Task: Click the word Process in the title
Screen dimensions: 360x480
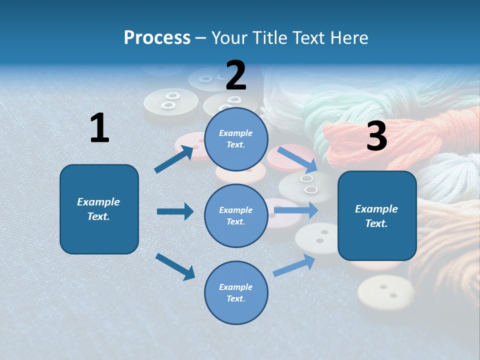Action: [157, 37]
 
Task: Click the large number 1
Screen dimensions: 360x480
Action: [99, 128]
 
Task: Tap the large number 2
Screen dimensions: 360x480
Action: [236, 75]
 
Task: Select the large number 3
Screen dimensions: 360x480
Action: [376, 136]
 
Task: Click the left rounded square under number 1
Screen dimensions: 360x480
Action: [99, 209]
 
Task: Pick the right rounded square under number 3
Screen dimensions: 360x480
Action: [377, 216]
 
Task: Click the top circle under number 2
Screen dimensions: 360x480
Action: [236, 139]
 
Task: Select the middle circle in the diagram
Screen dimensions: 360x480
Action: [236, 215]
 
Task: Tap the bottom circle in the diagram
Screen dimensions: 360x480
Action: [236, 292]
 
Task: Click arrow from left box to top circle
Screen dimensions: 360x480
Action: [174, 159]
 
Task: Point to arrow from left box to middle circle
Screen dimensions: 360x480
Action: [175, 211]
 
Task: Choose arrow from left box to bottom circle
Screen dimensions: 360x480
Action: [175, 266]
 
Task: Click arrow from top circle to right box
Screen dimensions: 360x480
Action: [297, 159]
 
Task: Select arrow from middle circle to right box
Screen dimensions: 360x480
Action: [296, 210]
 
